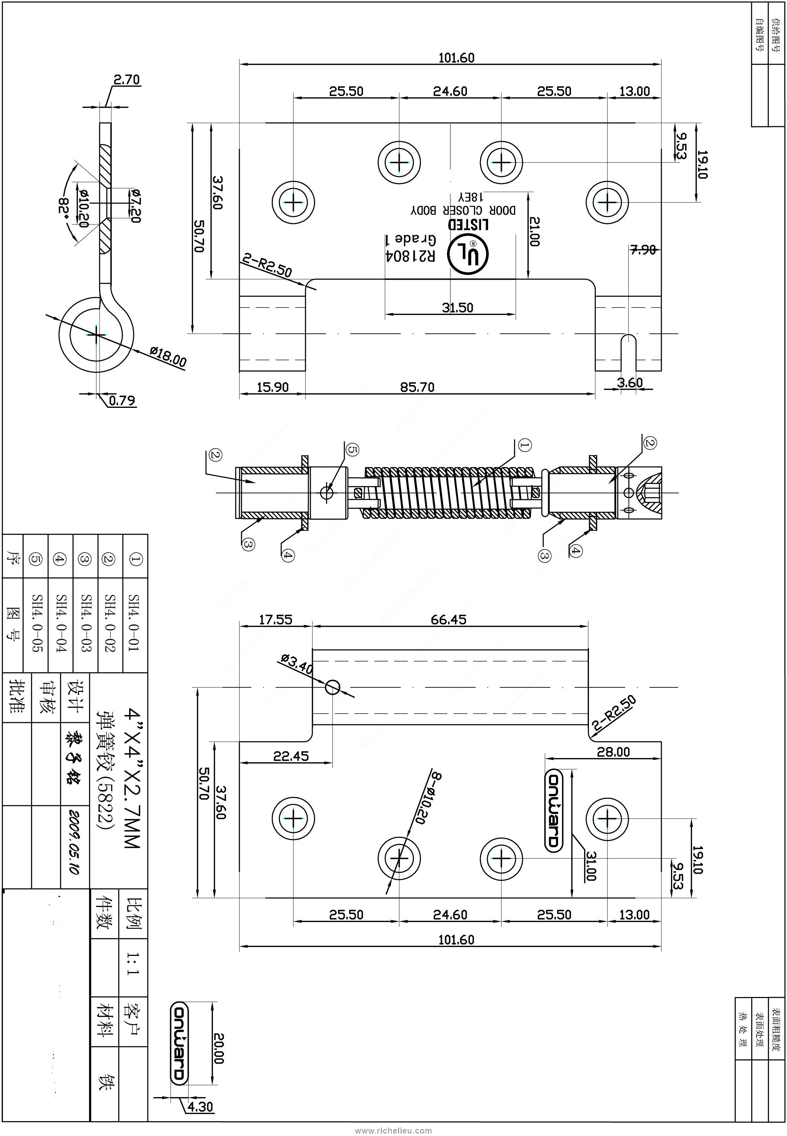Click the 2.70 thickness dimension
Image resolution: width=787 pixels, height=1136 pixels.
click(x=127, y=80)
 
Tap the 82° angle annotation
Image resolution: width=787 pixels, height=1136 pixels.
click(x=64, y=210)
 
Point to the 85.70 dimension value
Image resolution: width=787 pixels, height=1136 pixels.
click(x=417, y=387)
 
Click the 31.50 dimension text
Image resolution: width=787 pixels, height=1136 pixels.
click(x=457, y=308)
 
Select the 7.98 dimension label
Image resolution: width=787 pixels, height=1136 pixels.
click(x=643, y=250)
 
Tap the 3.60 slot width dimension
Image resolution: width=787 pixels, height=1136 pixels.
click(x=630, y=383)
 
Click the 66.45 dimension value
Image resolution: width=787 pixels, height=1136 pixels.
click(x=448, y=620)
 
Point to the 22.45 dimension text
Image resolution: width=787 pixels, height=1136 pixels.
click(x=291, y=756)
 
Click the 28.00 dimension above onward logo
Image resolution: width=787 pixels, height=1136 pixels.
click(x=613, y=752)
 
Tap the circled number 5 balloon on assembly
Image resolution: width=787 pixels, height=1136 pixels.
click(x=352, y=449)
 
